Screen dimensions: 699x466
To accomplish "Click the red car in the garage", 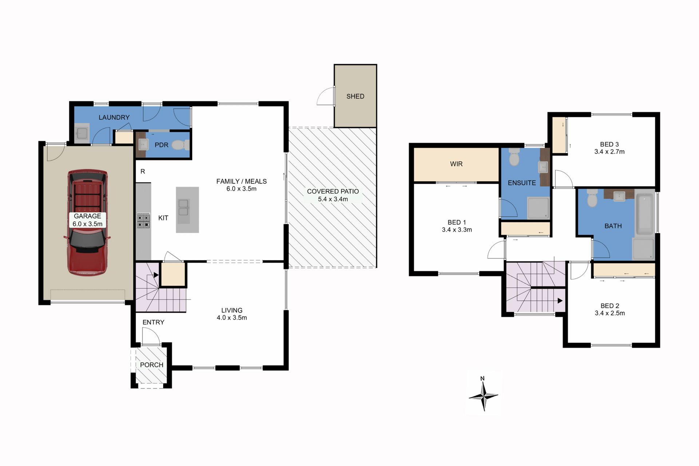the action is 87,222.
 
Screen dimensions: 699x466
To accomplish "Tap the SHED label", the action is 355,96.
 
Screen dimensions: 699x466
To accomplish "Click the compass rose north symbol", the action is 483,395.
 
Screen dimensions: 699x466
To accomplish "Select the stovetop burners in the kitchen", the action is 143,220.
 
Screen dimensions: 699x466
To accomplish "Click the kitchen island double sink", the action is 183,207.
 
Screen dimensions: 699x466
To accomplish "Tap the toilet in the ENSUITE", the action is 514,157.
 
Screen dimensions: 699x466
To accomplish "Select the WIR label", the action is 456,164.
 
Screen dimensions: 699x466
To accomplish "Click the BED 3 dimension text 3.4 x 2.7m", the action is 609,152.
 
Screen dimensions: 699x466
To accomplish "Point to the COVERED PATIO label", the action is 333,191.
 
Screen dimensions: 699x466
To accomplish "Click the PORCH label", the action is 151,365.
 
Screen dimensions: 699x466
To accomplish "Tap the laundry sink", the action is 82,133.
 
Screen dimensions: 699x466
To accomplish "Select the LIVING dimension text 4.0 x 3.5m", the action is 232,318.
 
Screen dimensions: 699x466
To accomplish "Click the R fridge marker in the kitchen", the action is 143,171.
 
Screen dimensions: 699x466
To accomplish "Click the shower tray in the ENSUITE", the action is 538,208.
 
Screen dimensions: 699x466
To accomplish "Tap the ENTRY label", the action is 153,322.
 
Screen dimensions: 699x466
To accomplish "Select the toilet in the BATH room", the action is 592,198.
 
